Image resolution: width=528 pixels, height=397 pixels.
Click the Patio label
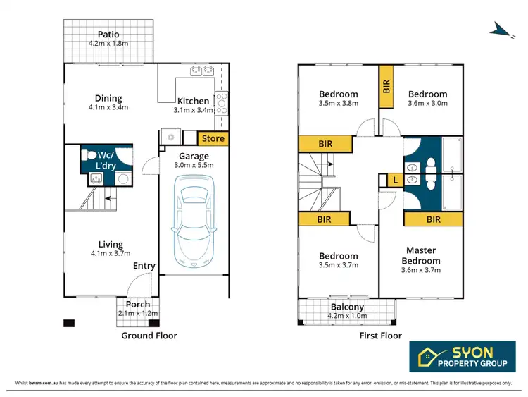(108, 35)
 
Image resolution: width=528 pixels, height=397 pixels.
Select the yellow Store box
(213, 138)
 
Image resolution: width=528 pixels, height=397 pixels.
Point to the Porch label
(138, 305)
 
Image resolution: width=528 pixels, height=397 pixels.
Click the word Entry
(144, 266)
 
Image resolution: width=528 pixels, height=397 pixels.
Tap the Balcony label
(347, 307)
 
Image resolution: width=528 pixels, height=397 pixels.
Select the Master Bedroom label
(422, 255)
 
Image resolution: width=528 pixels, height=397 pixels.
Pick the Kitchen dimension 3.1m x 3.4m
(193, 111)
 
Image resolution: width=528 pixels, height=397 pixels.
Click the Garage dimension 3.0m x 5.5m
(193, 166)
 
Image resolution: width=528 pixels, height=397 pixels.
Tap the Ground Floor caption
(149, 336)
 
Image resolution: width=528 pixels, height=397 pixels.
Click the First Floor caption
(380, 336)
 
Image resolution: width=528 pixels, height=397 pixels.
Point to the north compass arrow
(501, 28)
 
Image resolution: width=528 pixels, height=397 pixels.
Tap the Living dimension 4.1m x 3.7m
(111, 254)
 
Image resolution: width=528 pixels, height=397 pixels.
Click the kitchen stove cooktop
(221, 103)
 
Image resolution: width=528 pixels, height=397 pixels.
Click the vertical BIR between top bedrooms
(386, 86)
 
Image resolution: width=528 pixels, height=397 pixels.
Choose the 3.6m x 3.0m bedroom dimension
(427, 104)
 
